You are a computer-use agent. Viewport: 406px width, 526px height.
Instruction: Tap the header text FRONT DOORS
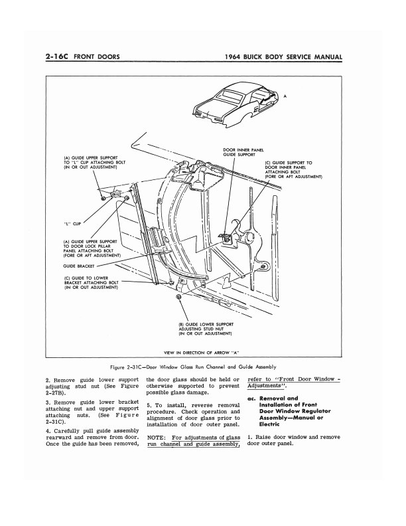point(96,58)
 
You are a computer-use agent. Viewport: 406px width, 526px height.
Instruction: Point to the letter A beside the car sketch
point(285,97)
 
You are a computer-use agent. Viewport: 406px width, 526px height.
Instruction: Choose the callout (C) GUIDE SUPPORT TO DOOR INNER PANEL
point(293,170)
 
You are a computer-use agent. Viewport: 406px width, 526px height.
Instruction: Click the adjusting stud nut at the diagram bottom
point(180,300)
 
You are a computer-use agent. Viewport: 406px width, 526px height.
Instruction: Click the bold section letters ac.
point(251,398)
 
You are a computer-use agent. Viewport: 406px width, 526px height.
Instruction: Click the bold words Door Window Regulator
point(289,412)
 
